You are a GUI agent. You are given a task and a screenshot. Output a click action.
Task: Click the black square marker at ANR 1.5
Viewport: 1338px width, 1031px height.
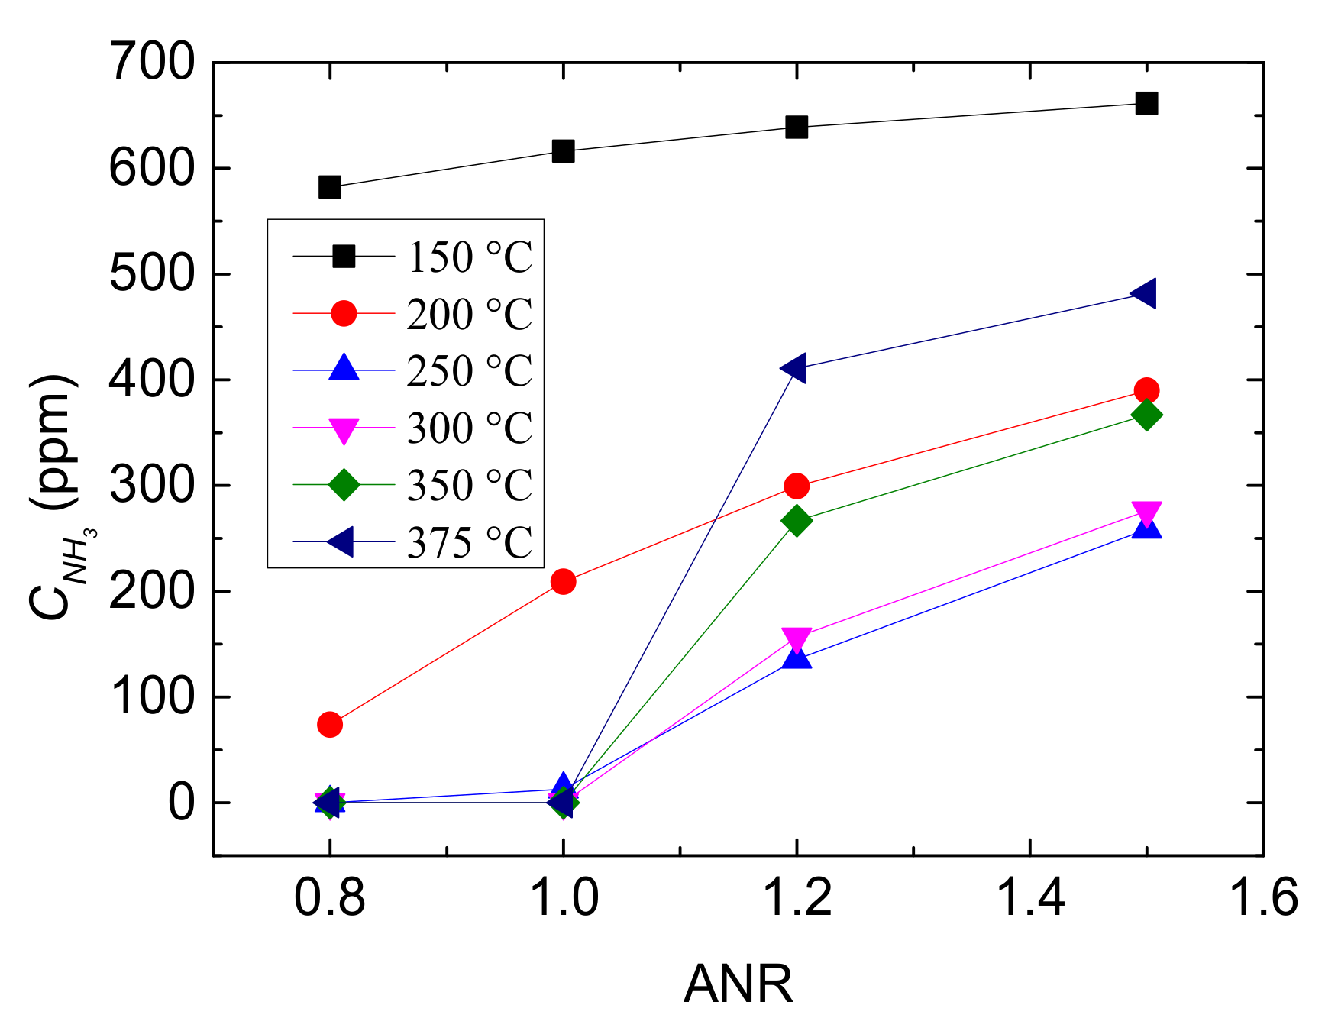coord(1146,103)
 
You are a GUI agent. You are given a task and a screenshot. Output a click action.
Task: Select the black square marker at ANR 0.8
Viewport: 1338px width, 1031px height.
coord(329,186)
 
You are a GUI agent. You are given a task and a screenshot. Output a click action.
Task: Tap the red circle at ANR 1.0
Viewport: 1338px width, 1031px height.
coord(563,582)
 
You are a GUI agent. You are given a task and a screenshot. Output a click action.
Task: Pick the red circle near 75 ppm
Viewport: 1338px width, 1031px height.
coord(329,724)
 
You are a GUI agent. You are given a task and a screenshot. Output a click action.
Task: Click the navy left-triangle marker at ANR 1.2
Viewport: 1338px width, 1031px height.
coord(794,368)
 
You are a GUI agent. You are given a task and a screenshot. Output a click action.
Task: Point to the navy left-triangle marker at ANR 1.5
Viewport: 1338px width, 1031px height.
coord(1145,293)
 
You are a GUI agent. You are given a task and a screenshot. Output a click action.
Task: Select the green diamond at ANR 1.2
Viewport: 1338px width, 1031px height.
coord(797,521)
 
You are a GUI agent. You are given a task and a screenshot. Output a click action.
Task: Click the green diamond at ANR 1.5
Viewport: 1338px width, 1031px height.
coord(1146,415)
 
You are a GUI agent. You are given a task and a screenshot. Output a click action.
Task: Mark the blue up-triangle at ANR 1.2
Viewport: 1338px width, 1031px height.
coord(797,657)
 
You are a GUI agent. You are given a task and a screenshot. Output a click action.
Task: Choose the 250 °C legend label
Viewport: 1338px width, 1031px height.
coord(468,371)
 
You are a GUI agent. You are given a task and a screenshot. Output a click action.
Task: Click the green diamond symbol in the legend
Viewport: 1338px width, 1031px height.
coord(344,484)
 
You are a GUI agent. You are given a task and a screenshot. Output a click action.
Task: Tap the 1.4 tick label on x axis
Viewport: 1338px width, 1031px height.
coord(1030,897)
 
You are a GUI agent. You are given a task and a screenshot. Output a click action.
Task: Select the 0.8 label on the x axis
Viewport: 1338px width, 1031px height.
coord(329,897)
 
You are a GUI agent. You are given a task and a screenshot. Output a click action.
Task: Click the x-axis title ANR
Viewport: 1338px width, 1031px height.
coord(738,984)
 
